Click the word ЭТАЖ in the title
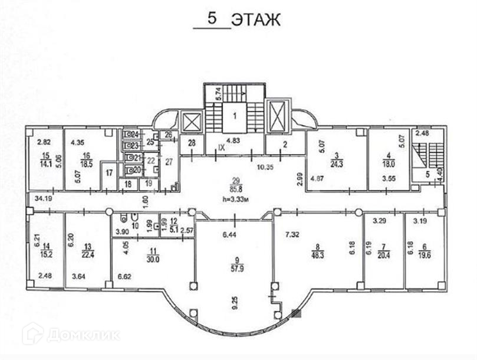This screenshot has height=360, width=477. [255, 19]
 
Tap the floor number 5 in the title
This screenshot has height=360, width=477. [212, 18]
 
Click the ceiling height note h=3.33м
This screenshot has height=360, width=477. [236, 198]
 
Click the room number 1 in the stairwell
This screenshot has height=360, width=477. [233, 116]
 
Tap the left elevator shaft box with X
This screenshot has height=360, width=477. [192, 123]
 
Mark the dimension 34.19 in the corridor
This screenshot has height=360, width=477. [43, 199]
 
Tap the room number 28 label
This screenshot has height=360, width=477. [192, 143]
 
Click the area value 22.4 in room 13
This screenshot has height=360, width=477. [88, 255]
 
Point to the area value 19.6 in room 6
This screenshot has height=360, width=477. [423, 255]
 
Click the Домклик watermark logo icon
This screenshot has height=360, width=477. [32, 334]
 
